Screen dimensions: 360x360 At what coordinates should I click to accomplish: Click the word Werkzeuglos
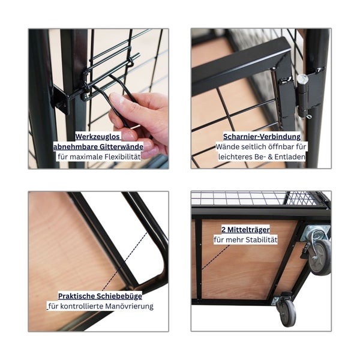pos(97,137)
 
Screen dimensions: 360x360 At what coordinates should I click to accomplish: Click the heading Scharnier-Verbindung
pos(262,137)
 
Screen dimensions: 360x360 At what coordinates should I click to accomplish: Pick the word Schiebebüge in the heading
pos(119,296)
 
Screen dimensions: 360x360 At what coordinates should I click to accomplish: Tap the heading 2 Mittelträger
pos(245,230)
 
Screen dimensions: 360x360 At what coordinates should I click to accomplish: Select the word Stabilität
pos(262,239)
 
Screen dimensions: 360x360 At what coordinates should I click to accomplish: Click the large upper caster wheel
pos(320,257)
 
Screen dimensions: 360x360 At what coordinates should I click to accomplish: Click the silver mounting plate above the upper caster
pos(316,232)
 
